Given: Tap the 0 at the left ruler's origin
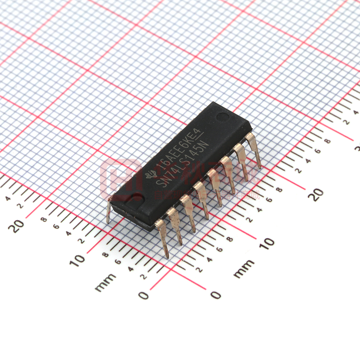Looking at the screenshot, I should (x=143, y=295).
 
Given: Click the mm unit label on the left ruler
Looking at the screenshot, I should (x=105, y=282).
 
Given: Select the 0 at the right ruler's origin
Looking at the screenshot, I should (x=216, y=295).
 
